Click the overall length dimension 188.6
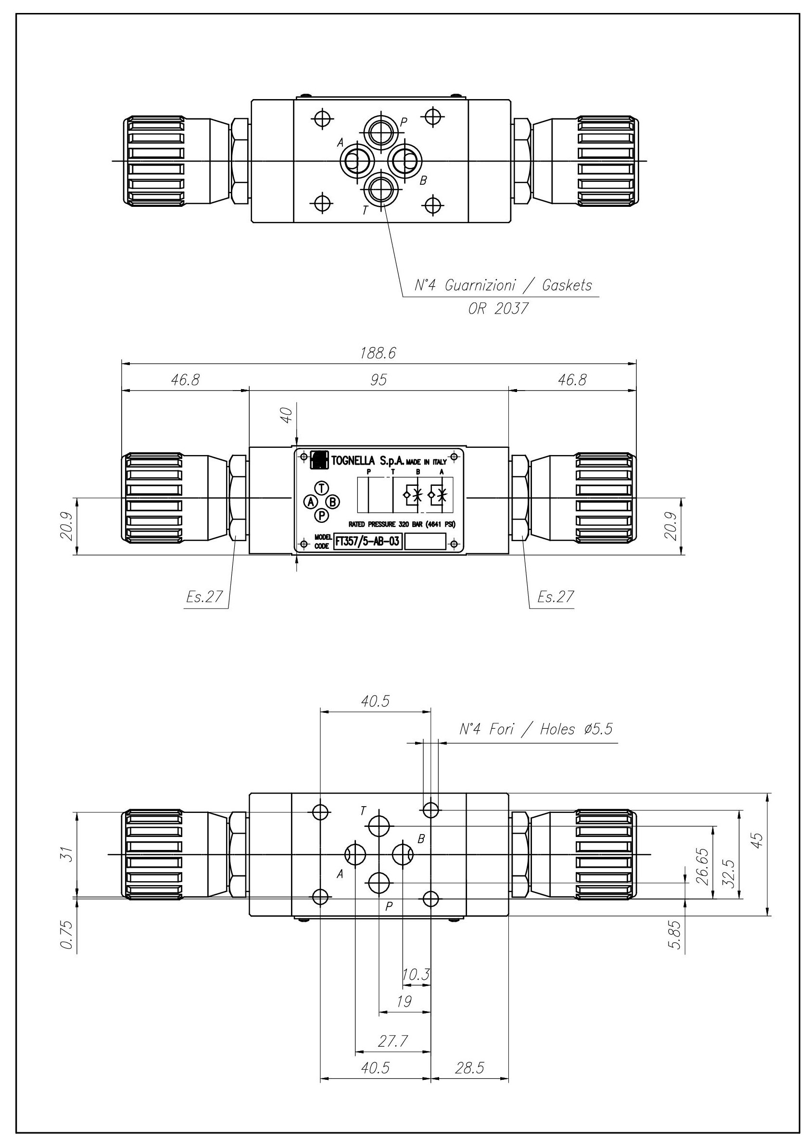[378, 353]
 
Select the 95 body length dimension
[379, 380]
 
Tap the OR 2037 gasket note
[498, 309]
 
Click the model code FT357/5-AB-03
[367, 541]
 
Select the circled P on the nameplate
[322, 516]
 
